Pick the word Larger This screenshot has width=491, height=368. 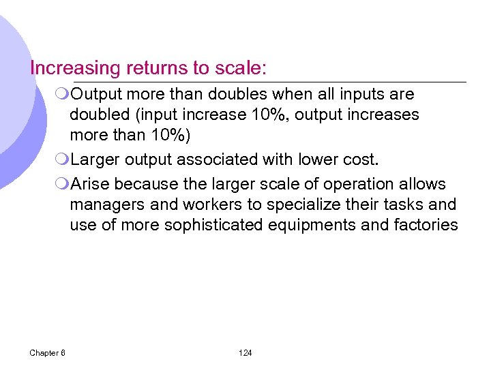pyautogui.click(x=98, y=159)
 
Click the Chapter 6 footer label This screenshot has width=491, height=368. pyautogui.click(x=48, y=352)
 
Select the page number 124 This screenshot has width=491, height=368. pyautogui.click(x=245, y=352)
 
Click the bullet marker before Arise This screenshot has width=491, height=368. pyautogui.click(x=63, y=185)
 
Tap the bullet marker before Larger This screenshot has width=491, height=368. pyautogui.click(x=63, y=160)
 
